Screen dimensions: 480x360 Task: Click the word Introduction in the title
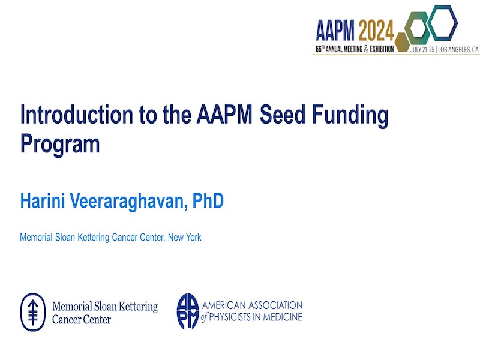click(x=77, y=115)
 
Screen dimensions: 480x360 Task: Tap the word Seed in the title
click(x=283, y=115)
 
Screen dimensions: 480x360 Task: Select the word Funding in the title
click(x=350, y=116)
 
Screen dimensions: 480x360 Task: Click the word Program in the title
click(x=60, y=144)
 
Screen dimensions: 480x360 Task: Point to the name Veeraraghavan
click(x=128, y=201)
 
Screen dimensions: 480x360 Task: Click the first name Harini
click(x=43, y=200)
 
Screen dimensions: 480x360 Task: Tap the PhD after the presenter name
click(x=208, y=200)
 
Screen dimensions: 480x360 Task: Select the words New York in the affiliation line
click(x=185, y=237)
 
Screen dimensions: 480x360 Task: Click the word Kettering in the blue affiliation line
click(x=94, y=238)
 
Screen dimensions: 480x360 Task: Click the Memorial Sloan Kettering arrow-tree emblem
click(x=33, y=312)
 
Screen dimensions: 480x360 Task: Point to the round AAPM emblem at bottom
click(x=188, y=311)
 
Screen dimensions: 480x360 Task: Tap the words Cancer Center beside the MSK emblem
click(x=82, y=320)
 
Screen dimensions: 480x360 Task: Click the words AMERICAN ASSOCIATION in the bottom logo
click(x=252, y=305)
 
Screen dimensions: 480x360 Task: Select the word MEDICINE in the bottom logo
click(x=283, y=317)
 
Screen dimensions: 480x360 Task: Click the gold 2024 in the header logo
click(x=376, y=31)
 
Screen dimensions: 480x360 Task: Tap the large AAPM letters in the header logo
click(x=335, y=31)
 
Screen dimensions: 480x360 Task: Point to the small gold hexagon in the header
click(x=403, y=42)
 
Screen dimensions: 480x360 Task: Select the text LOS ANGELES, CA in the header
click(x=458, y=50)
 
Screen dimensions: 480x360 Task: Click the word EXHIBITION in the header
click(x=382, y=49)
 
